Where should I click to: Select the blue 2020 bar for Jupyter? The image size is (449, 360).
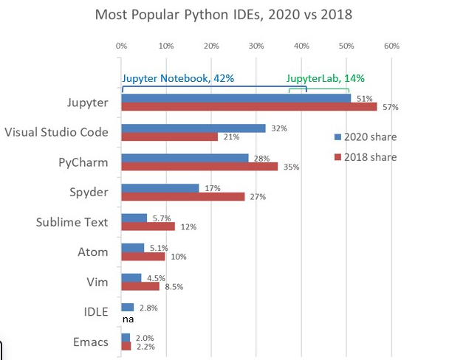236,97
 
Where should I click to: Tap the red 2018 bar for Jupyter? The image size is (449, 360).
249,106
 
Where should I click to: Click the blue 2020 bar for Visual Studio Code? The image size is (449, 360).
193,128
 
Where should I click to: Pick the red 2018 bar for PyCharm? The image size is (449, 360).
199,166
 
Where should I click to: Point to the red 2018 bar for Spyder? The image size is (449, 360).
182,196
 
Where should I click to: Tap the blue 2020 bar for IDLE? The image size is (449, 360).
127,307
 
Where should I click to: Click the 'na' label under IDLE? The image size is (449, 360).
127,319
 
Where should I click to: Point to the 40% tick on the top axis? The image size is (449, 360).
301,46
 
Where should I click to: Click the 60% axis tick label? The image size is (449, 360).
391,46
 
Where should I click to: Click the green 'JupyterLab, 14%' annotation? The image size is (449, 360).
326,78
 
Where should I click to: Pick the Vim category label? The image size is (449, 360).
97,282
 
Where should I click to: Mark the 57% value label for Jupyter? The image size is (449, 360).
391,108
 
